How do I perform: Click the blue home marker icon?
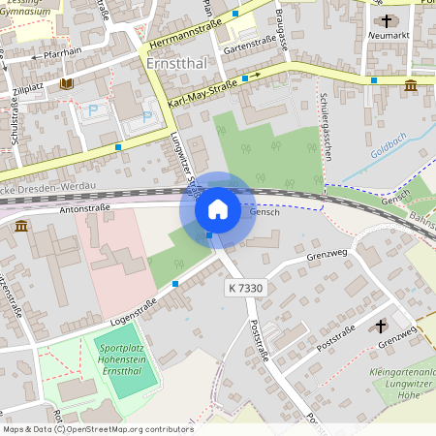[217, 208]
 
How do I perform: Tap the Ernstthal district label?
[175, 62]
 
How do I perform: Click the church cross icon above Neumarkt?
[387, 18]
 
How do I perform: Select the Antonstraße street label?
[84, 206]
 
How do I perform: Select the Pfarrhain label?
[64, 56]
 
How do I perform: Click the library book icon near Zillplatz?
[67, 84]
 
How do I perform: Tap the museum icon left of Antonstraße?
[21, 226]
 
